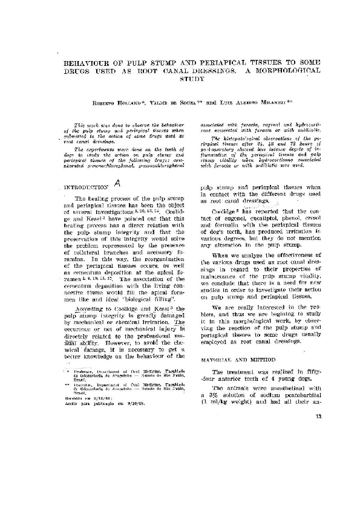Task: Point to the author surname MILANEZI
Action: tap(263, 103)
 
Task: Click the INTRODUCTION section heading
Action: tap(86, 188)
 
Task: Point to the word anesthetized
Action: tap(284, 387)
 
